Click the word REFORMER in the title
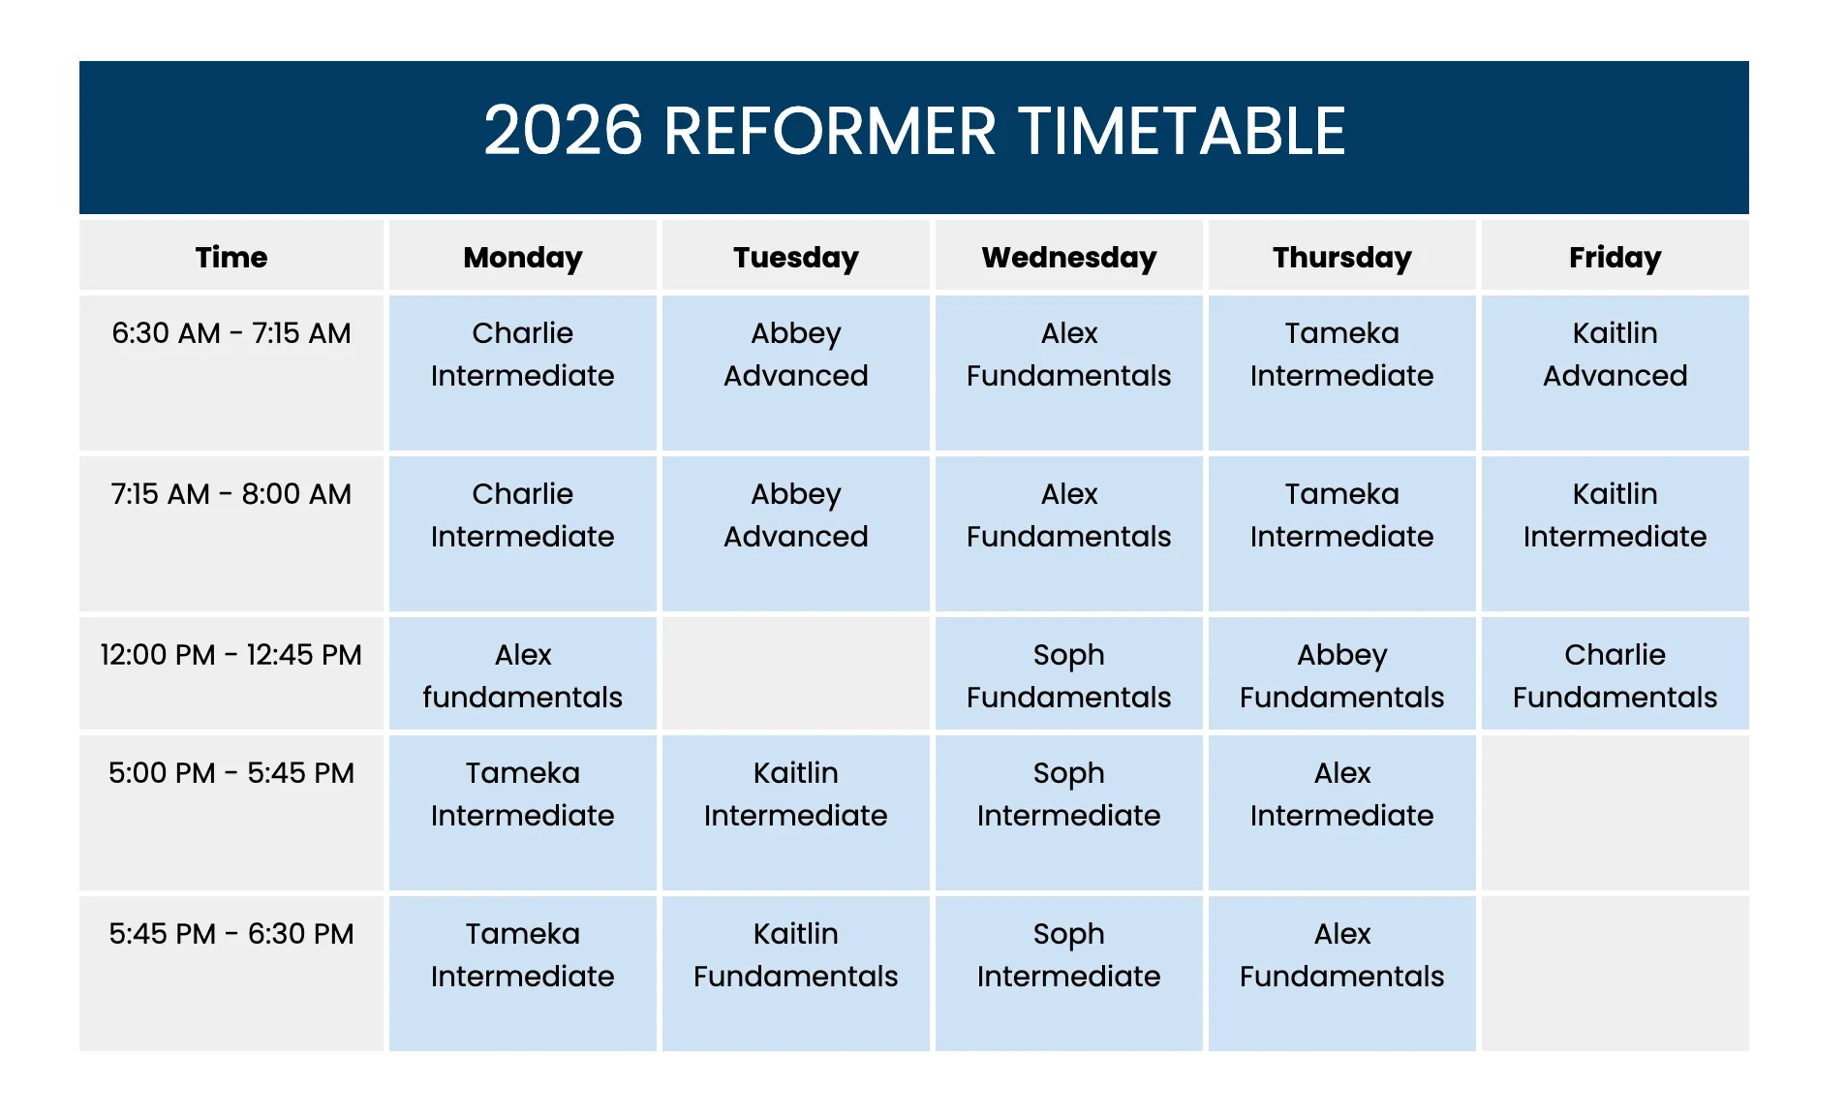click(829, 132)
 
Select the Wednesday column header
click(1068, 258)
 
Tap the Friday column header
click(1615, 258)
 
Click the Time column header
click(231, 258)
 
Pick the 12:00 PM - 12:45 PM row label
click(231, 655)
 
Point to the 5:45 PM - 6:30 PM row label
click(231, 934)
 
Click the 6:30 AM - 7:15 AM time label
click(231, 333)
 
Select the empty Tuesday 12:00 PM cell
click(795, 673)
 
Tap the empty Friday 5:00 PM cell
click(1615, 812)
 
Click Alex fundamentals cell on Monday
click(522, 675)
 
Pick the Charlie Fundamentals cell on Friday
click(1615, 675)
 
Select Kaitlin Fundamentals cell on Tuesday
click(795, 954)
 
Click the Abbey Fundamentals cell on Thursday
click(1341, 675)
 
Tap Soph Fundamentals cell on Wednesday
click(1068, 675)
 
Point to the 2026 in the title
click(563, 132)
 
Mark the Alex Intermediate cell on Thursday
click(1341, 793)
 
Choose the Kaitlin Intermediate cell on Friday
click(1615, 515)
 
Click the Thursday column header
click(1341, 258)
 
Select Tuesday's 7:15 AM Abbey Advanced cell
click(795, 515)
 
